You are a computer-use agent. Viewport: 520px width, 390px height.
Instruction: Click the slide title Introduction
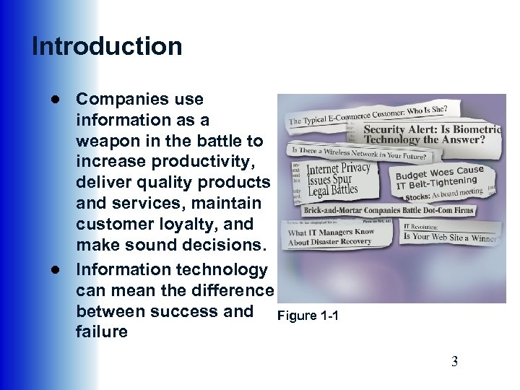pyautogui.click(x=107, y=46)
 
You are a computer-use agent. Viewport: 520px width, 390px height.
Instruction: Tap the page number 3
pyautogui.click(x=454, y=362)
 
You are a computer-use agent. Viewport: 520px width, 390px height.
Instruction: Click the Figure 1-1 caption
pyautogui.click(x=308, y=316)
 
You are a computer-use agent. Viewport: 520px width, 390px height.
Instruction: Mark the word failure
pyautogui.click(x=101, y=332)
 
